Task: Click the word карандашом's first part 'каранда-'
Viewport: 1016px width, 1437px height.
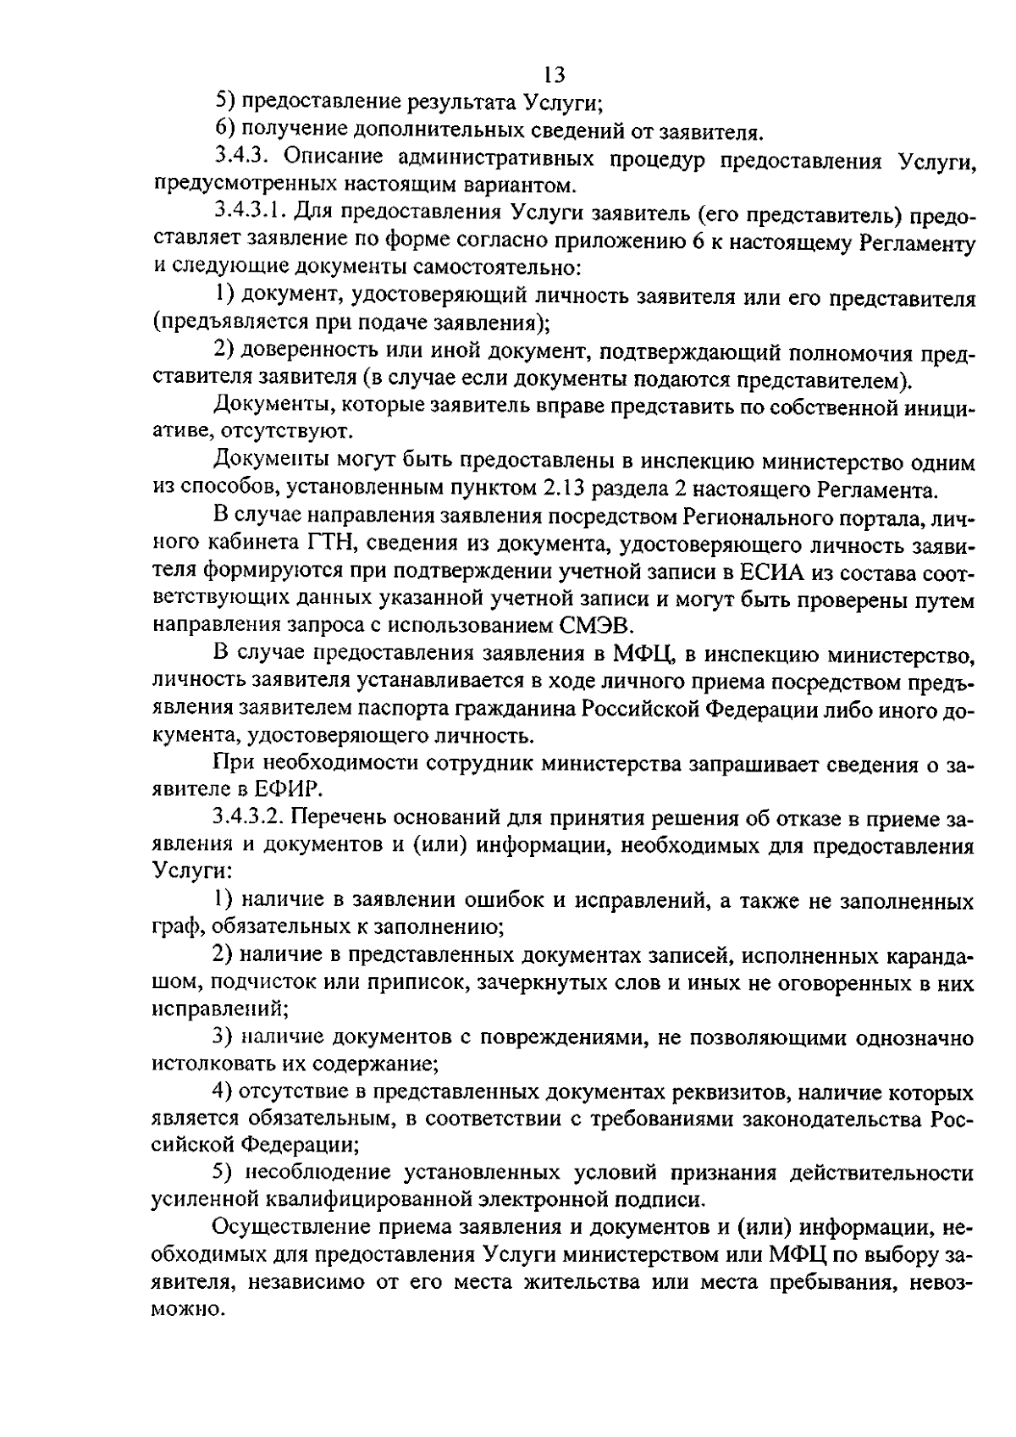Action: (918, 956)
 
